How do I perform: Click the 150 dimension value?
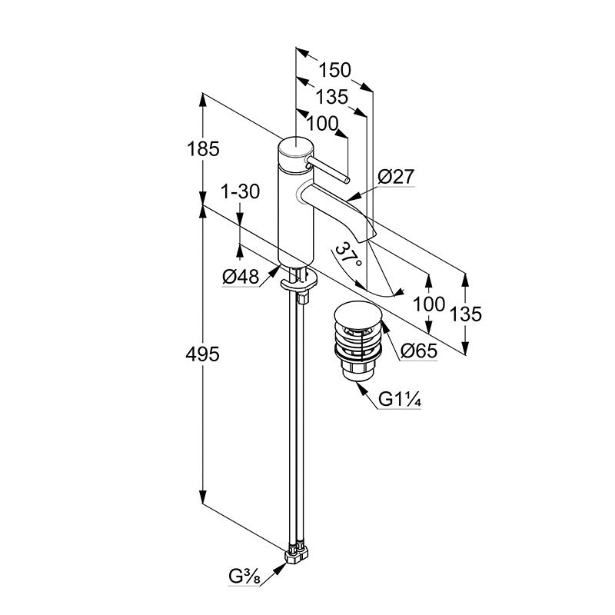334,71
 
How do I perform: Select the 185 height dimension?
203,149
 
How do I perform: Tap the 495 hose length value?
202,355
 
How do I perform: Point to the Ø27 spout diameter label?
396,177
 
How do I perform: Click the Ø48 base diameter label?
241,277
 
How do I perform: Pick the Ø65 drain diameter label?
419,351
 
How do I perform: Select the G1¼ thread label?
400,400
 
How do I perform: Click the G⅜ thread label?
244,577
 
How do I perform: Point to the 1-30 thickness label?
241,191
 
